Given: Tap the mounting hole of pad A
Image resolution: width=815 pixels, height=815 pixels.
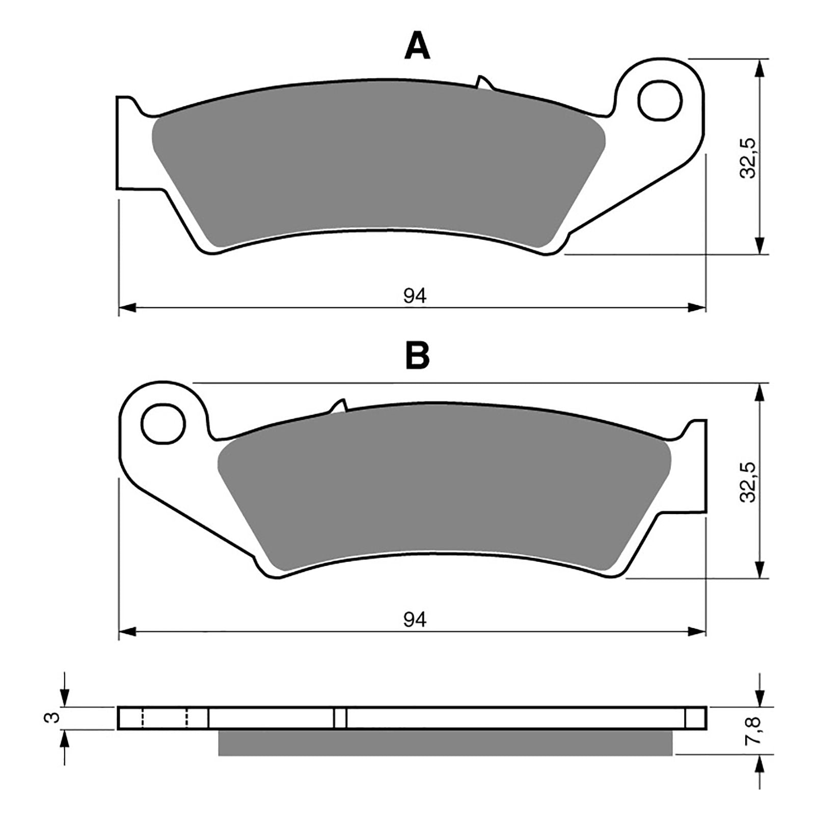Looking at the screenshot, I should [660, 100].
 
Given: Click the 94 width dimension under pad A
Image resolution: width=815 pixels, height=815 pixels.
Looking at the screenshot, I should [415, 295].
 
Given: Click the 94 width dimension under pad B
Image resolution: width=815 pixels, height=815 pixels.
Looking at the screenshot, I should [415, 619].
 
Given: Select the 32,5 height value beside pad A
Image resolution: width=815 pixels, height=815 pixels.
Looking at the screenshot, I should [749, 158].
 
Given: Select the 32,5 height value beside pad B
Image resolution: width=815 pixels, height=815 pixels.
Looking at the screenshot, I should [749, 482].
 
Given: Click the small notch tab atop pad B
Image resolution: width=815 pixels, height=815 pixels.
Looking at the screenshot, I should [339, 406].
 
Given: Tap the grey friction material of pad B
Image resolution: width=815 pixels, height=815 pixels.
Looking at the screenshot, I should [443, 494].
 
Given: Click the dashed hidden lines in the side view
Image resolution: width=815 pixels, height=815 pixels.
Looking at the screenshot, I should [165, 718].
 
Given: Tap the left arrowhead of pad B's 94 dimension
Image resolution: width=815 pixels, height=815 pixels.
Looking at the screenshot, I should [127, 632].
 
